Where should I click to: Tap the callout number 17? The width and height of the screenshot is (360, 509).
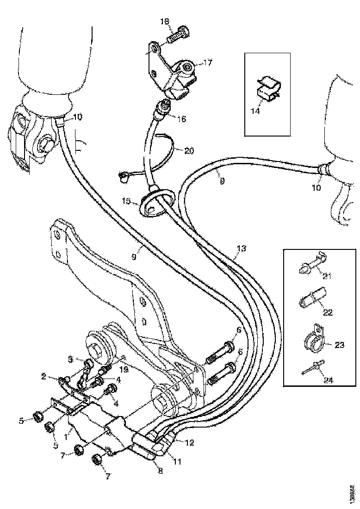pyautogui.click(x=208, y=62)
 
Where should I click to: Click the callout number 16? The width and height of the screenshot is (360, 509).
pyautogui.click(x=181, y=119)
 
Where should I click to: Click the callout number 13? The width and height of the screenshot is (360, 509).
pyautogui.click(x=241, y=249)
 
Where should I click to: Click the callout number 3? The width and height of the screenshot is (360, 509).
pyautogui.click(x=71, y=360)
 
